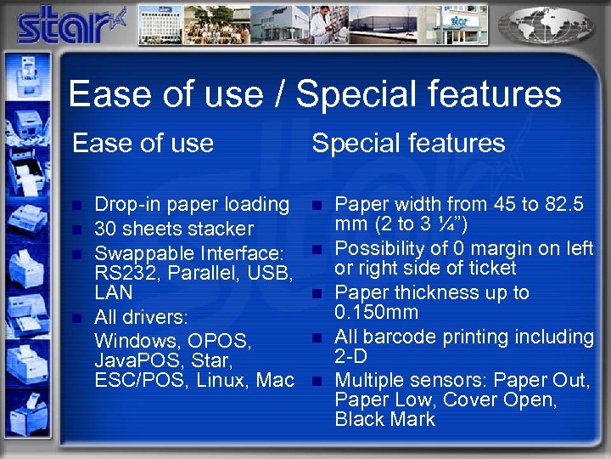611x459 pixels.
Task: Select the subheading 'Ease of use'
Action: click(143, 143)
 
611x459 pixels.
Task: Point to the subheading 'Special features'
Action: click(408, 143)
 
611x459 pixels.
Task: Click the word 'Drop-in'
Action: click(126, 204)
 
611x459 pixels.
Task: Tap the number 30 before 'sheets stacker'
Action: click(105, 229)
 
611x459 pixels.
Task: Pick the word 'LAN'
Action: click(114, 293)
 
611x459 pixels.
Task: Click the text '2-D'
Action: click(350, 357)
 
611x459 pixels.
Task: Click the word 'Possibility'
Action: click(379, 248)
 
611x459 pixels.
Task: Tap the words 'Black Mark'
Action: click(384, 419)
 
